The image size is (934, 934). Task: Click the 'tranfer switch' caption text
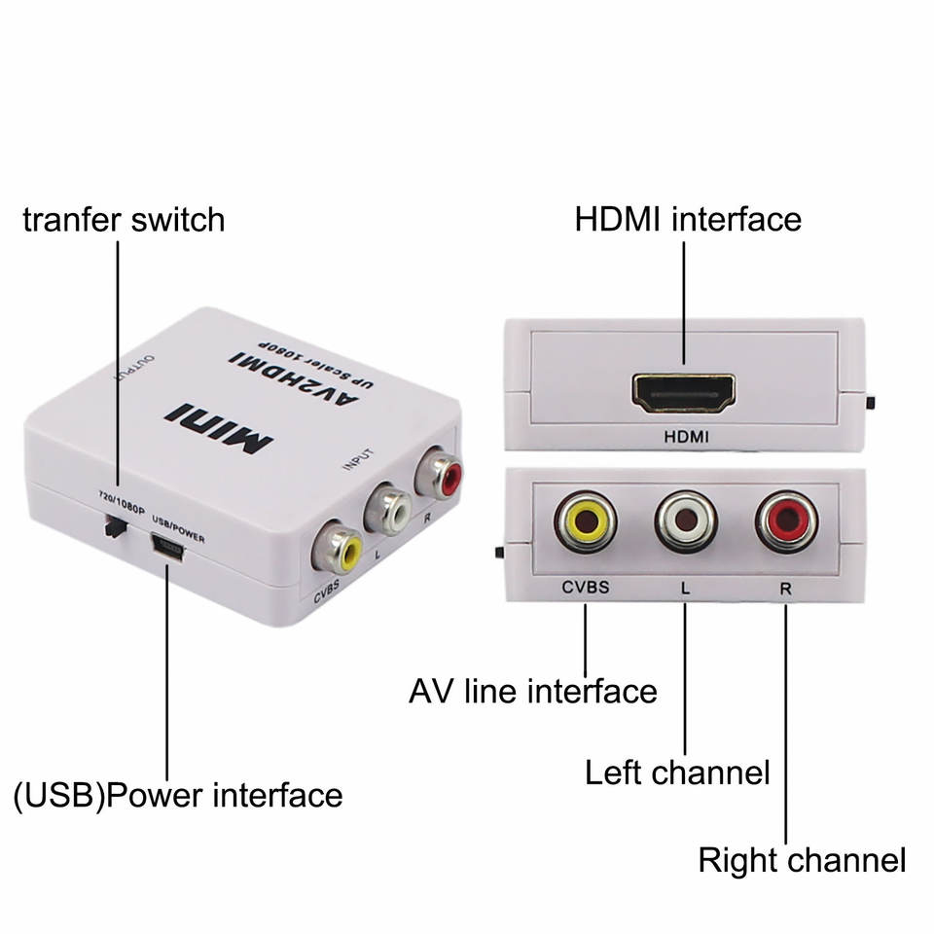(124, 219)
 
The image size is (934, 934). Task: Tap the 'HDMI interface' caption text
(688, 219)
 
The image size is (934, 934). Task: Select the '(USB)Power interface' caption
(178, 795)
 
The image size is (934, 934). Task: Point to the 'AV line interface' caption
(533, 692)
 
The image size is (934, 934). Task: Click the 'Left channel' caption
(677, 773)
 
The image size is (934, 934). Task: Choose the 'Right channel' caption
(802, 860)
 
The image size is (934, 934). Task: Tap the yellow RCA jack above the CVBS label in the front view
(587, 522)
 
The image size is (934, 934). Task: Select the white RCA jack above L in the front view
(686, 522)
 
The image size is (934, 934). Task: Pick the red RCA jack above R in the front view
(786, 522)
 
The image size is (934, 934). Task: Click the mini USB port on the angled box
(171, 552)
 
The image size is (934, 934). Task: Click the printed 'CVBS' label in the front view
(586, 588)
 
